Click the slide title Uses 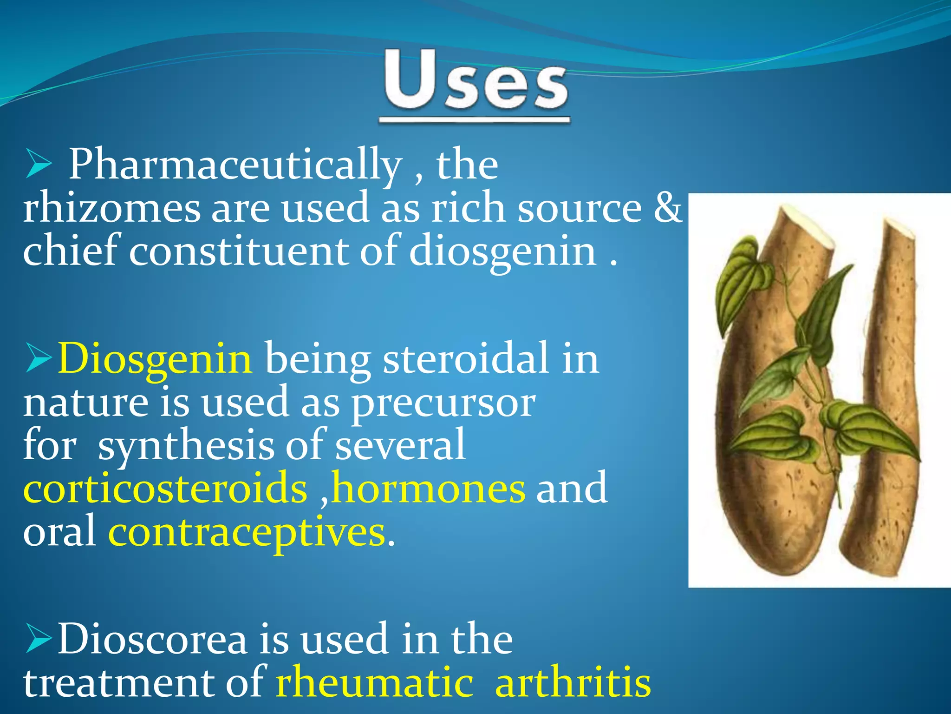pyautogui.click(x=475, y=82)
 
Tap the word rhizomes pyautogui.click(x=111, y=208)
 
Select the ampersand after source pyautogui.click(x=667, y=208)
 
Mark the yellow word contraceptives pyautogui.click(x=247, y=532)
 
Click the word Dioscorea pyautogui.click(x=152, y=640)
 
